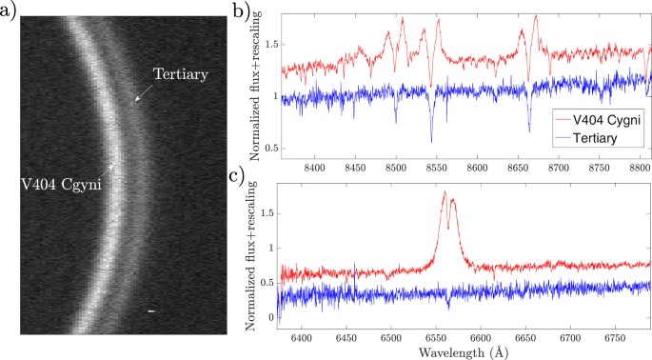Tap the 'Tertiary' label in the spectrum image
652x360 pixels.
(181, 73)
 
